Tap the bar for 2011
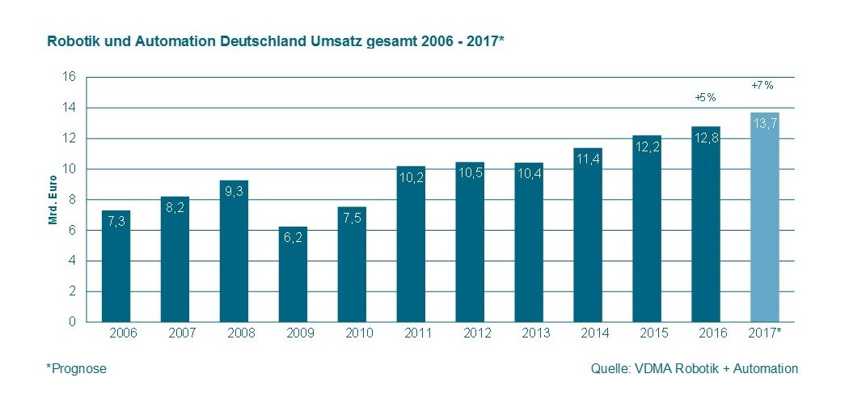coord(411,244)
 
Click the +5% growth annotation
coord(706,97)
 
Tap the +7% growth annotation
coord(762,84)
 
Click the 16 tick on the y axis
coord(69,77)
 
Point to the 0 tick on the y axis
coord(72,321)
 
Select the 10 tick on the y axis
coord(69,169)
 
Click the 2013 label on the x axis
coord(529,333)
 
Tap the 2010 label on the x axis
coord(352,333)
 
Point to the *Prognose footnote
coord(76,369)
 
